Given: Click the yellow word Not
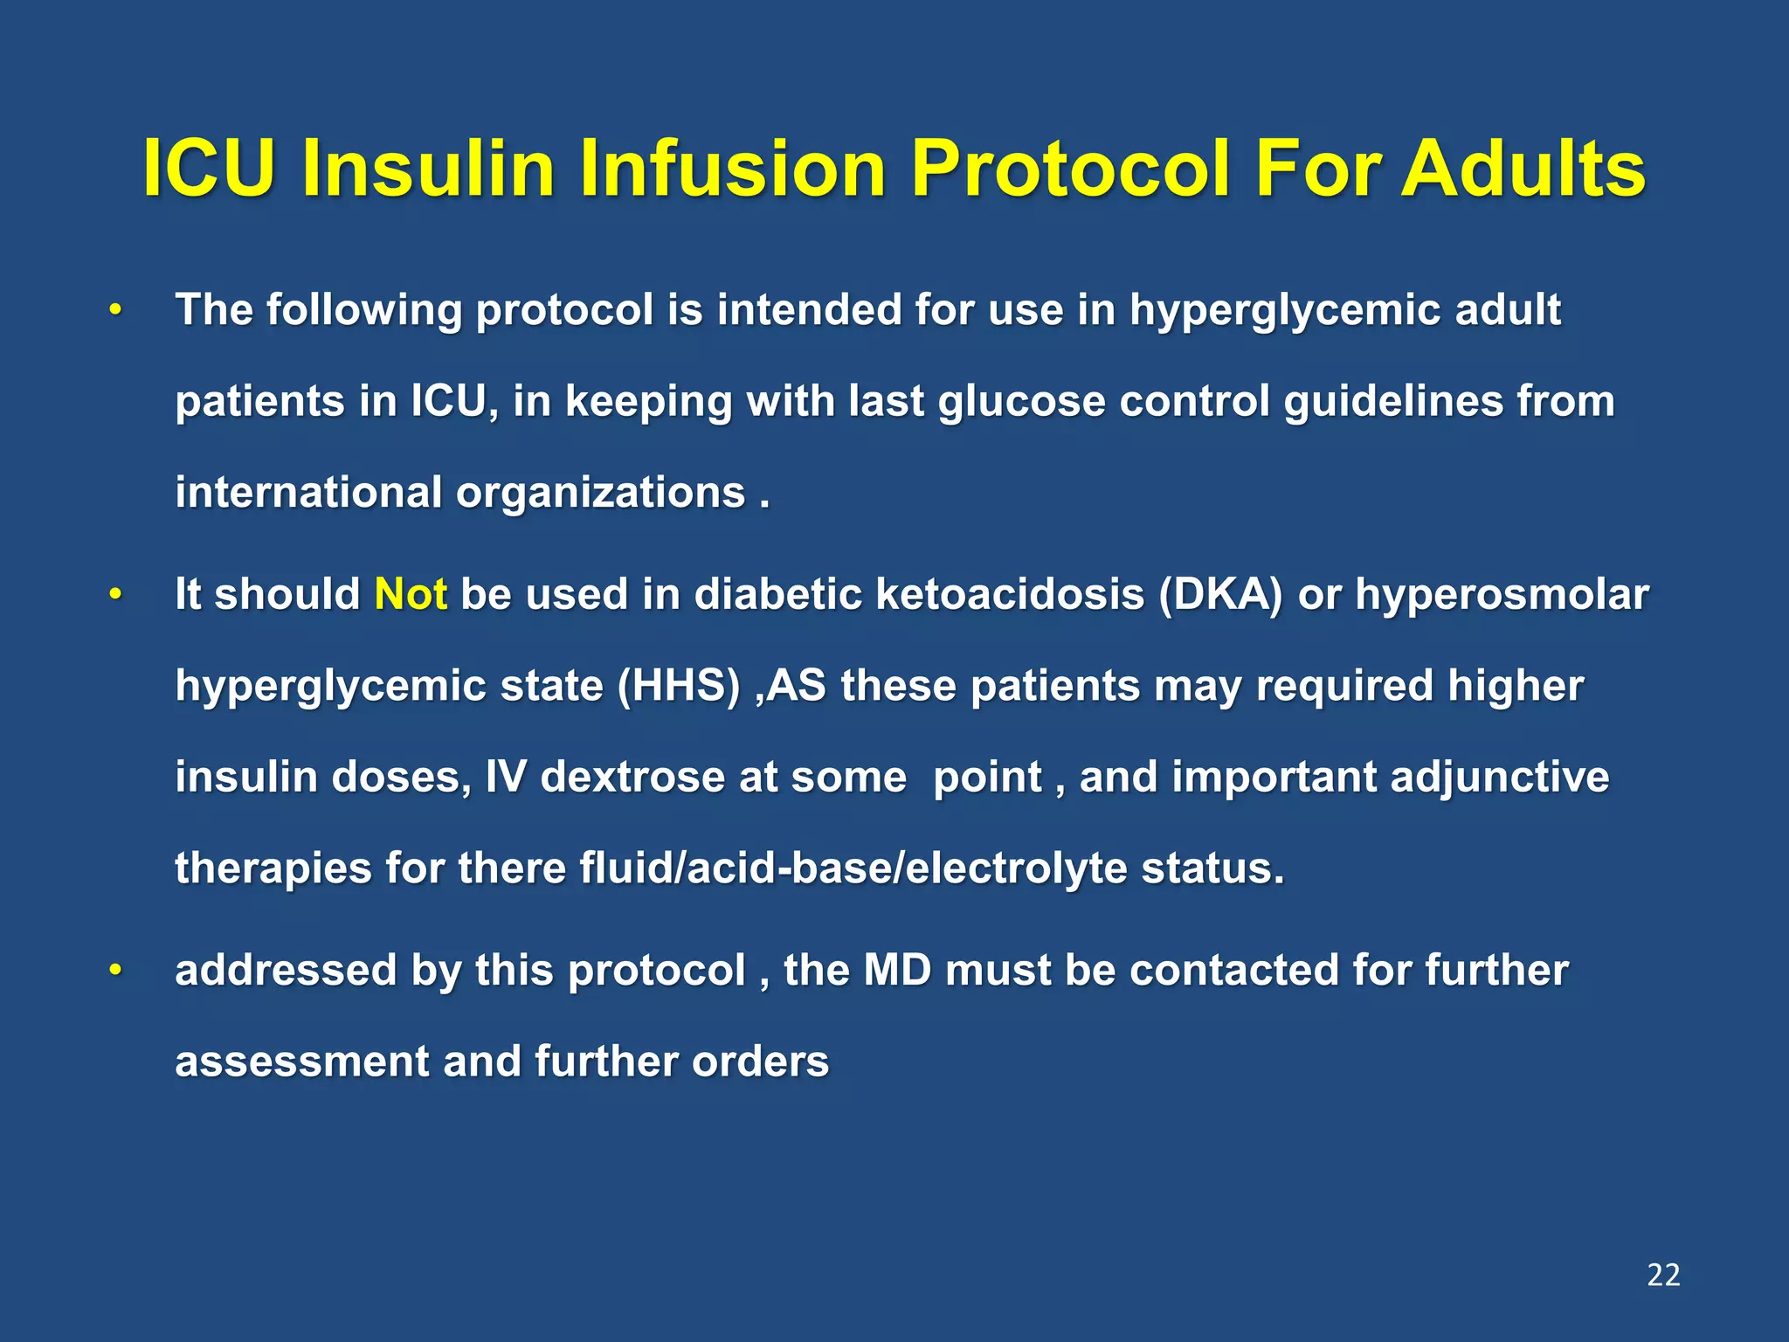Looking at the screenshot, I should (x=411, y=595).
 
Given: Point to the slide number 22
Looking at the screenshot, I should (x=1662, y=1275).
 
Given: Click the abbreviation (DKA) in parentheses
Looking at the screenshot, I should (x=1220, y=595).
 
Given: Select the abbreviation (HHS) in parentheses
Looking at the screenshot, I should (x=678, y=686).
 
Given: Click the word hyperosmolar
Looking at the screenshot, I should (x=1502, y=595).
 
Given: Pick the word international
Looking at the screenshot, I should (x=308, y=492).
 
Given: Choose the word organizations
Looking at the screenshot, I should (x=601, y=492).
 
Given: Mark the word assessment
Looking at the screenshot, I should (x=301, y=1062).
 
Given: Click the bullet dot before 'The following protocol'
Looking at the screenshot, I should (x=114, y=310).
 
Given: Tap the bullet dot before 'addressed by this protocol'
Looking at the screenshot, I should (x=114, y=971).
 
